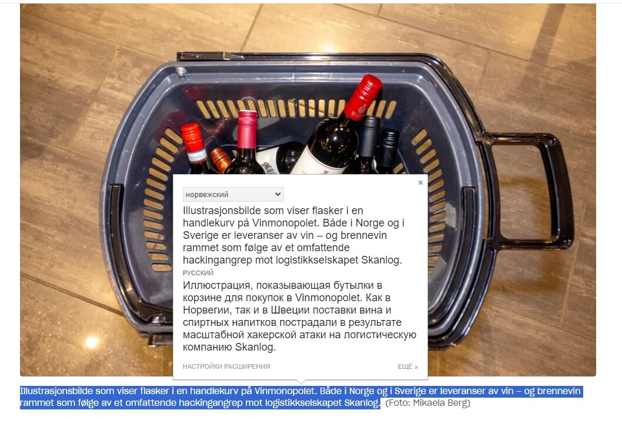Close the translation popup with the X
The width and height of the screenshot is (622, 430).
point(420,182)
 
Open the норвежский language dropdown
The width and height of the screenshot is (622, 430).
point(233,194)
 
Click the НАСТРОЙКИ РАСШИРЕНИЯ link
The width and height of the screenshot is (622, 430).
point(226,366)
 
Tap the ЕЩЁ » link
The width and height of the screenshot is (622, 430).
point(408,366)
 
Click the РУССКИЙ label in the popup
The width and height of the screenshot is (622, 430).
point(198,273)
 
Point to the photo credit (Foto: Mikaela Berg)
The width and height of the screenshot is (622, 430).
point(427,402)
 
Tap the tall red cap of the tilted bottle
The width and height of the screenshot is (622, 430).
point(363,96)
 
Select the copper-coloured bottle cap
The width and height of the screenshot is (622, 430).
point(220,159)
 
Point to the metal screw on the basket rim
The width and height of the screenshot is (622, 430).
point(181,72)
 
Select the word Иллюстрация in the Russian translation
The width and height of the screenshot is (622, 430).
point(216,285)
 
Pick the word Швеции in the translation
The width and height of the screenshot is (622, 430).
point(290,309)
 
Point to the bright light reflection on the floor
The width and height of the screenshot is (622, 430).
point(92,341)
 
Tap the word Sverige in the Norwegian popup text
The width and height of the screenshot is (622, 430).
point(200,235)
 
